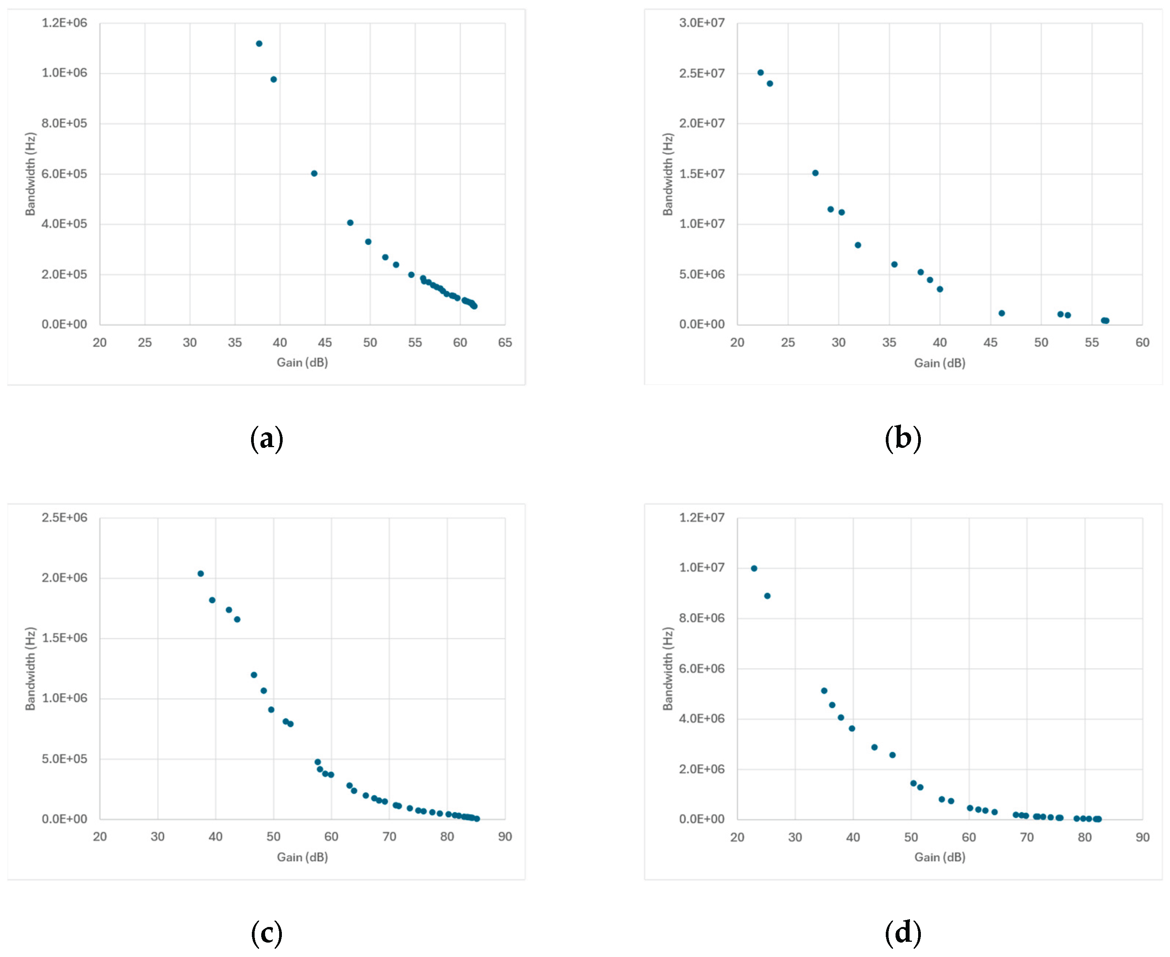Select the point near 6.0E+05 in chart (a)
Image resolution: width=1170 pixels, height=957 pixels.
314,173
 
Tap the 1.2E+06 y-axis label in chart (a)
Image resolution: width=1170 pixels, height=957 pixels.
64,23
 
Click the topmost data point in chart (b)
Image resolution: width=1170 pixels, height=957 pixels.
760,72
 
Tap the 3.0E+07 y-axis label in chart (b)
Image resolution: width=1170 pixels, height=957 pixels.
701,23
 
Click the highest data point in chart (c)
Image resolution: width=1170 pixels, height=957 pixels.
201,573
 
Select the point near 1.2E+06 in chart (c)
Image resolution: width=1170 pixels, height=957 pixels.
254,675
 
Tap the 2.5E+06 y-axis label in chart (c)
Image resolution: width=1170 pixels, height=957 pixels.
64,517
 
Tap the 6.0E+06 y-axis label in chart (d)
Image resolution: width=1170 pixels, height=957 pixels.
701,668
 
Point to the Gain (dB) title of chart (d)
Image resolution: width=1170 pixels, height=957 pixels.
940,857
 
